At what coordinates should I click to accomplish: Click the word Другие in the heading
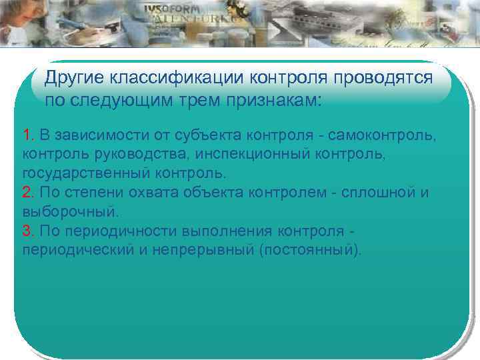tap(74, 79)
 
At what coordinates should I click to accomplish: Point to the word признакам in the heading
tap(273, 101)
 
